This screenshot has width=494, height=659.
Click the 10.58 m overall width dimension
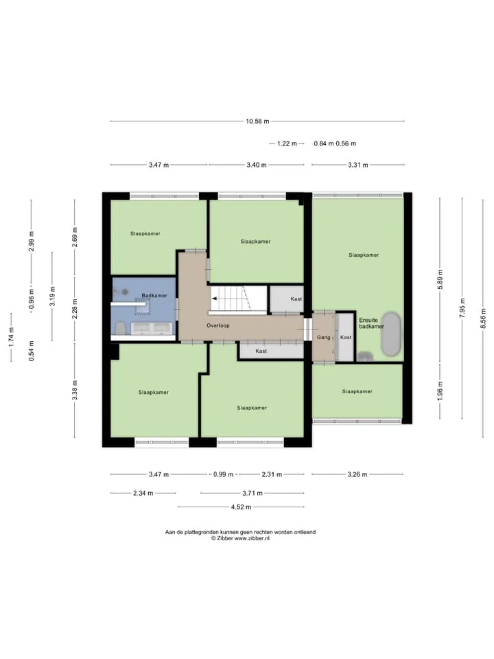(x=257, y=121)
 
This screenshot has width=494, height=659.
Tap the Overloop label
(x=218, y=325)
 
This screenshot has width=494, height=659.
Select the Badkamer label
(x=154, y=295)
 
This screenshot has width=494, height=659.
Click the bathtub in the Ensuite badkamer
(x=391, y=334)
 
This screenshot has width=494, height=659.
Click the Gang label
(x=323, y=337)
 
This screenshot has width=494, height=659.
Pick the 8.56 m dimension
(x=484, y=318)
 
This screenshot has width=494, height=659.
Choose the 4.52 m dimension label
(x=241, y=507)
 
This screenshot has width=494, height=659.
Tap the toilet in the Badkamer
(x=120, y=328)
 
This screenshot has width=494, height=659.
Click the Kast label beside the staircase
(x=296, y=299)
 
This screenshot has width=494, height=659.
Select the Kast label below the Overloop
(x=261, y=351)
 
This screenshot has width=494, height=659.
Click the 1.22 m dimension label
(x=287, y=143)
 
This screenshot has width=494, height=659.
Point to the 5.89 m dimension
(x=440, y=279)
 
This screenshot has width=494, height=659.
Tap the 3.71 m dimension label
(x=252, y=493)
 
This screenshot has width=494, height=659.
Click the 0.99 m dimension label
(x=224, y=474)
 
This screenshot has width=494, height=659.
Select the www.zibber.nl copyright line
(x=240, y=538)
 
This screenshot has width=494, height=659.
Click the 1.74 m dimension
(x=12, y=337)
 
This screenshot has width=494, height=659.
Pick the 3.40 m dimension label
(x=257, y=165)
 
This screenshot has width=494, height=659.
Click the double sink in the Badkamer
(x=152, y=327)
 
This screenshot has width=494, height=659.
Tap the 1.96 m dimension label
(x=440, y=391)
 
